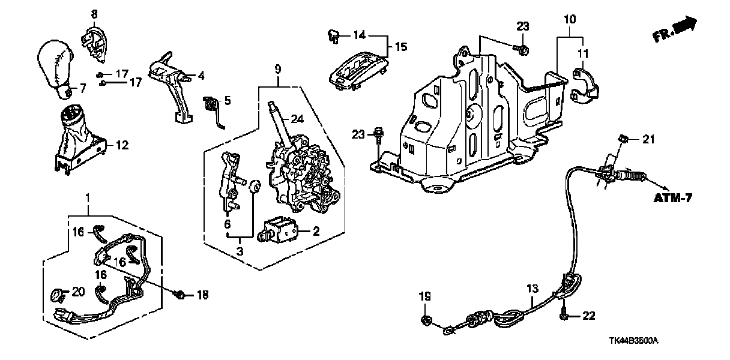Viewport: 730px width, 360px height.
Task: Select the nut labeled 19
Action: point(426,318)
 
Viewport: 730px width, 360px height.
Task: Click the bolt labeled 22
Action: point(565,312)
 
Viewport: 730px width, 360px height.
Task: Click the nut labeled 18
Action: point(179,294)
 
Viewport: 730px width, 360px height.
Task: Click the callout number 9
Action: point(278,70)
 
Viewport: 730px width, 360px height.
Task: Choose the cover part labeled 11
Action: point(585,85)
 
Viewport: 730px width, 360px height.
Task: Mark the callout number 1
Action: point(88,197)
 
